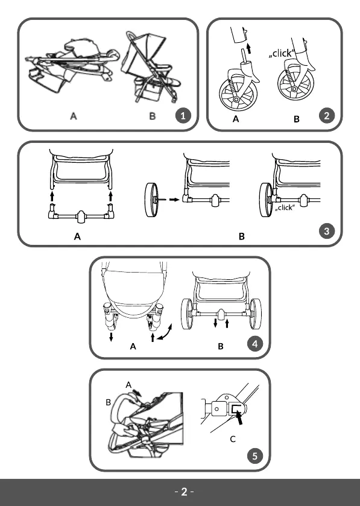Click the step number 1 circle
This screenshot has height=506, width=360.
pyautogui.click(x=183, y=116)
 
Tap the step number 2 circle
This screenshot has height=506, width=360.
pyautogui.click(x=327, y=116)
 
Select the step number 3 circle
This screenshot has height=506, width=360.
pyautogui.click(x=327, y=231)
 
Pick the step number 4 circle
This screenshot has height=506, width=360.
pyautogui.click(x=255, y=344)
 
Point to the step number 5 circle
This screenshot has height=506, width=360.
pyautogui.click(x=255, y=456)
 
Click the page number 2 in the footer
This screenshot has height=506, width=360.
pyautogui.click(x=184, y=492)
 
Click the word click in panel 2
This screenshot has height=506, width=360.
pyautogui.click(x=282, y=53)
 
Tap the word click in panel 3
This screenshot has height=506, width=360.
pyautogui.click(x=285, y=207)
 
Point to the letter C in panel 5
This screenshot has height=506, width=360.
pyautogui.click(x=233, y=439)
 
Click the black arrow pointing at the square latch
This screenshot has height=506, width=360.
pyautogui.click(x=239, y=418)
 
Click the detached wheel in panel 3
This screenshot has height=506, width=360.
pyautogui.click(x=152, y=200)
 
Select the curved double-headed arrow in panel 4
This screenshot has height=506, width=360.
pyautogui.click(x=166, y=332)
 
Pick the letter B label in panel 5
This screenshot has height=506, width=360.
pyautogui.click(x=109, y=402)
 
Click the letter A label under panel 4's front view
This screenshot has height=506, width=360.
pyautogui.click(x=133, y=347)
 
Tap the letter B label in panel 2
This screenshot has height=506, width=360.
pyautogui.click(x=297, y=119)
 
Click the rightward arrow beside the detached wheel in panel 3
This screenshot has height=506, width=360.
pyautogui.click(x=174, y=200)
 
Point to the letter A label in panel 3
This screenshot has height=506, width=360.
pyautogui.click(x=77, y=237)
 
